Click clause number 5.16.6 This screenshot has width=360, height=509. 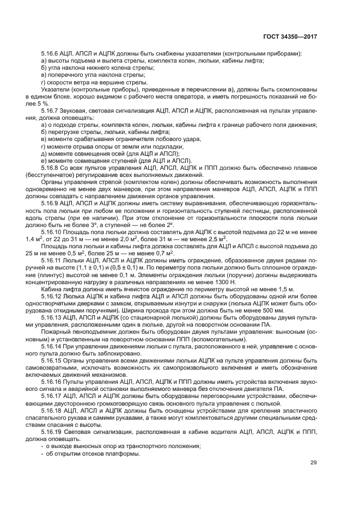(x=51, y=53)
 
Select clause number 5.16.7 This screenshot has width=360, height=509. (x=51, y=111)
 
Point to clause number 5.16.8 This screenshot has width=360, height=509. (x=51, y=168)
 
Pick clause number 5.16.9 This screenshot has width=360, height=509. (x=51, y=203)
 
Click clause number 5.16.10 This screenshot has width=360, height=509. (x=53, y=231)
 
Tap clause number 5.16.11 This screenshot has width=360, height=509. (x=53, y=261)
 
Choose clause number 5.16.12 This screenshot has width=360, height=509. (x=53, y=297)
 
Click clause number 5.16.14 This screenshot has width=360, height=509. (x=53, y=347)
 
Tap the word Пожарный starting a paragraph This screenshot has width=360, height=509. (x=54, y=332)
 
